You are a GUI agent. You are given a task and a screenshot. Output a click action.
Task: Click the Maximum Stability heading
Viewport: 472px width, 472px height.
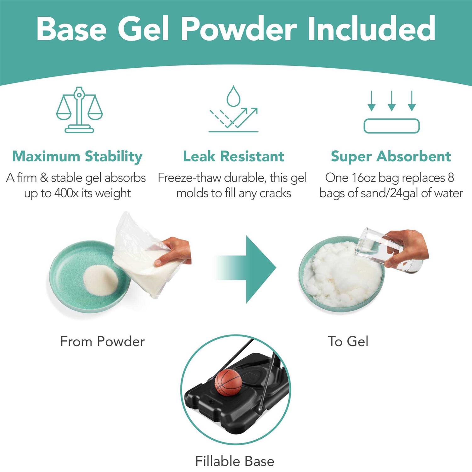pos(77,156)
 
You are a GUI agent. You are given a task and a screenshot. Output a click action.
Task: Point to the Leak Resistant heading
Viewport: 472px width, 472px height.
pos(233,156)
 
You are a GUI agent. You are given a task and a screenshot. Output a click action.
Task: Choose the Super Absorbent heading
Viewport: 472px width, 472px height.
pos(391,156)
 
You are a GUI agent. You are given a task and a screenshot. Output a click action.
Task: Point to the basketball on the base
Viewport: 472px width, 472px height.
pos(228,382)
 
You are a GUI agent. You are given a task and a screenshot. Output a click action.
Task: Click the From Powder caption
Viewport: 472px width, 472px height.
pos(102,341)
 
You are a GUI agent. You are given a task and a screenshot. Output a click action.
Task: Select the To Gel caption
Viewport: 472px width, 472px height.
pos(348,341)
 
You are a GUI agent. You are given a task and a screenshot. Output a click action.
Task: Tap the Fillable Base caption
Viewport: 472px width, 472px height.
pos(235,461)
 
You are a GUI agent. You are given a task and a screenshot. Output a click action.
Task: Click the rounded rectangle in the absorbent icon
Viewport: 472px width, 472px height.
pos(391,126)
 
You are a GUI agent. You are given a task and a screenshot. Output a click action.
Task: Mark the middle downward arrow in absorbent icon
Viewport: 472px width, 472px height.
pos(391,101)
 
